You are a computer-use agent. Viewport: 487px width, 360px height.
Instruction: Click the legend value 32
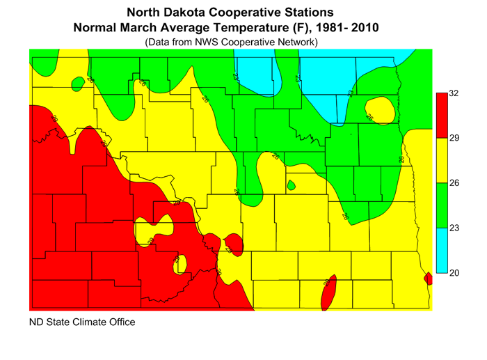pos(454,93)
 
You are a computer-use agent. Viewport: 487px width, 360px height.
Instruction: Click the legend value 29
pos(454,138)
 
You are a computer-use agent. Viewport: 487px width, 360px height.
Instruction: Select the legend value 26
pos(454,183)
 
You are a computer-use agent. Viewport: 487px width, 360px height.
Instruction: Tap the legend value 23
pos(454,228)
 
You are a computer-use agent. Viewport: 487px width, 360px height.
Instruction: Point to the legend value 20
pos(454,273)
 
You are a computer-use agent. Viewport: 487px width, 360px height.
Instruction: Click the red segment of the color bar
pos(441,115)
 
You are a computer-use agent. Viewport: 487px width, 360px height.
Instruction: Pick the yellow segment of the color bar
pos(441,160)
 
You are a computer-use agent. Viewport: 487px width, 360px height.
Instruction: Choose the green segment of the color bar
pos(441,205)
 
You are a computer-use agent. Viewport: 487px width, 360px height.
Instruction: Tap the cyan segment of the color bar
pos(441,251)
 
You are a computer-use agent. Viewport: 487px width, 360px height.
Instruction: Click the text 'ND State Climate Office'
pos(82,322)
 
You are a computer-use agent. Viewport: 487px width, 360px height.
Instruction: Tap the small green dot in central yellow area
pos(291,185)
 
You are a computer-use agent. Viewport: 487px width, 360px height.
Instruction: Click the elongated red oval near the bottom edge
pos(329,292)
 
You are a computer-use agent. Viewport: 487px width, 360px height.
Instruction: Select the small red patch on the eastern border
pos(428,279)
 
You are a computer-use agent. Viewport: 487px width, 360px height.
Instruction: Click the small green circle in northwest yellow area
pos(78,84)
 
